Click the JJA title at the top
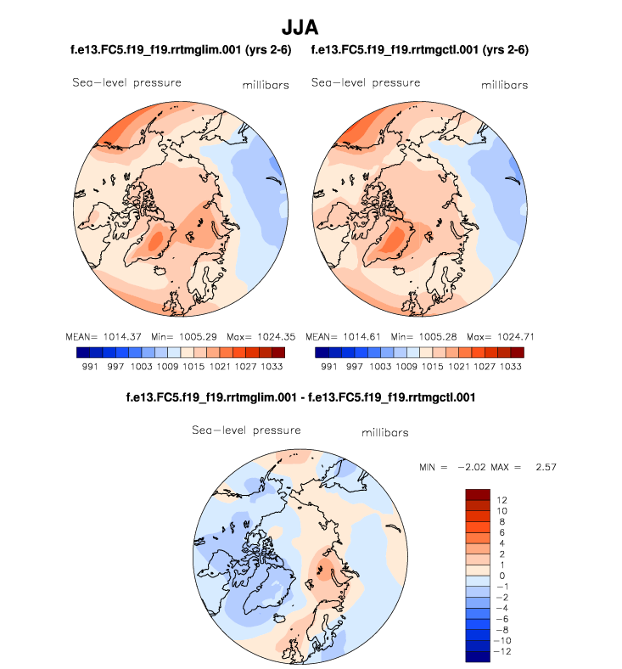[x=311, y=28]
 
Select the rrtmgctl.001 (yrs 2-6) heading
[x=420, y=50]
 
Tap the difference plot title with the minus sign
[x=300, y=396]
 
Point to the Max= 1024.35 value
[x=256, y=335]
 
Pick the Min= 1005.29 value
[x=179, y=335]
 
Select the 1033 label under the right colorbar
[x=512, y=367]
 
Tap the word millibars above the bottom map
[x=384, y=433]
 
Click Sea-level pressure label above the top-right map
[x=366, y=82]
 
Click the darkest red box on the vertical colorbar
[x=479, y=494]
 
